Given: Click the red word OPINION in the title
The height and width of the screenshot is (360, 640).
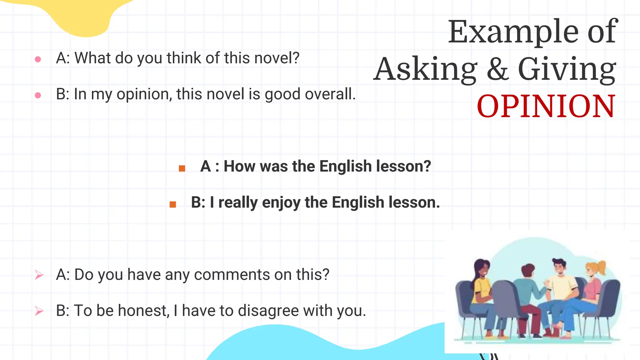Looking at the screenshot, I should point(546,107).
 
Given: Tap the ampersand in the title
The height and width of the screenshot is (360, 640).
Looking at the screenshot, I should point(497,69).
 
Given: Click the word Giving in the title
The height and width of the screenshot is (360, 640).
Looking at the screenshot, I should point(567,70).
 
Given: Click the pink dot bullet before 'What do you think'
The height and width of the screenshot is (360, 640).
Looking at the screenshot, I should point(38,59).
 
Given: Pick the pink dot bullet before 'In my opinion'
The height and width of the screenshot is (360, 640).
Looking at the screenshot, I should point(38,95).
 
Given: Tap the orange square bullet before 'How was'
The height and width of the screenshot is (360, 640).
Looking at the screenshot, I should point(182,169).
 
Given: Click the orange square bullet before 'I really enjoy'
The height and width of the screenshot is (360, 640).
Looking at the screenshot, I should point(173,205).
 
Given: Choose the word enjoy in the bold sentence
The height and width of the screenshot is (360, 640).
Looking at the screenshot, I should point(281,203).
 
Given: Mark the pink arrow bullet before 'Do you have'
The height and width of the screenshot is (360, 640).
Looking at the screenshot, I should point(39,275).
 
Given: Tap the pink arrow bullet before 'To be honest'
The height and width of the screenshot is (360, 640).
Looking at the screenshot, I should point(39,311).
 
